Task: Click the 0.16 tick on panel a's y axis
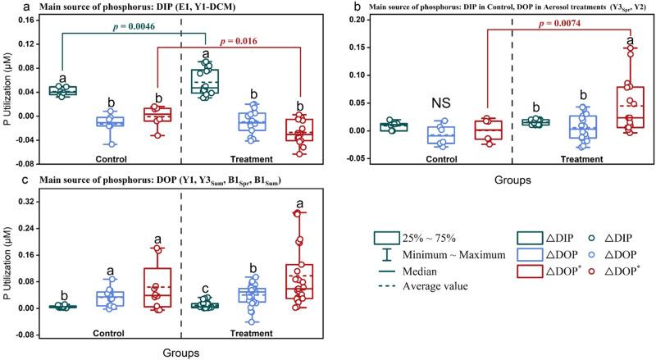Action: [25, 20]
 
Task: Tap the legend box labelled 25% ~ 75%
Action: [385, 238]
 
